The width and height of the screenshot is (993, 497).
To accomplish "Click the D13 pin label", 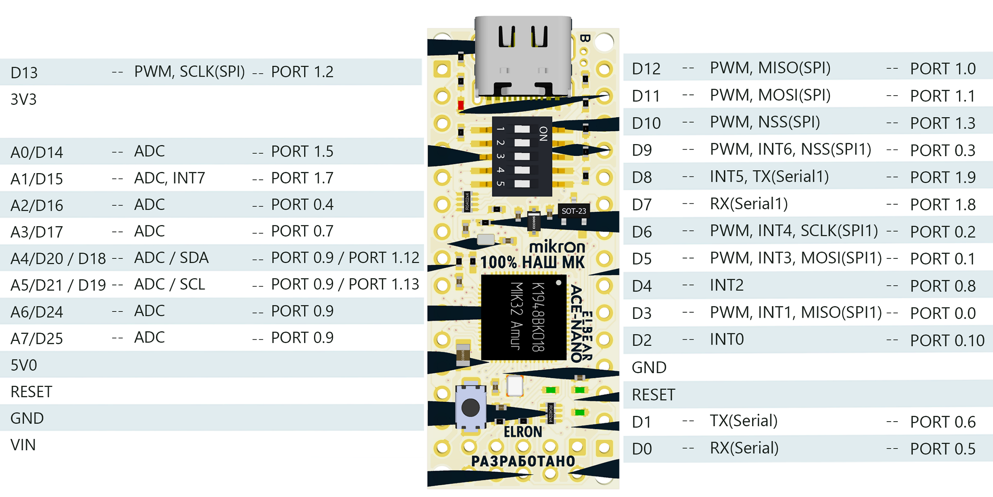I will click(x=24, y=72).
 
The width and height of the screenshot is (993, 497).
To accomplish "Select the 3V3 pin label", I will click(x=24, y=99).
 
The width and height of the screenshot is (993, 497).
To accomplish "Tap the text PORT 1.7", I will click(x=302, y=178).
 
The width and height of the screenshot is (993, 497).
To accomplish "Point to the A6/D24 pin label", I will click(x=37, y=312).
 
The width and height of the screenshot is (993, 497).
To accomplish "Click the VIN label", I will click(x=23, y=445).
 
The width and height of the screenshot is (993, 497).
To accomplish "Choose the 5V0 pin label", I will click(x=24, y=365).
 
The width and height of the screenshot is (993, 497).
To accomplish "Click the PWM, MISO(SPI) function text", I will click(x=770, y=68).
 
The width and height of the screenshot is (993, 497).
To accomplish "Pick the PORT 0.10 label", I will click(x=947, y=340).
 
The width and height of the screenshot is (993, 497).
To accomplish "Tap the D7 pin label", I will click(x=642, y=205).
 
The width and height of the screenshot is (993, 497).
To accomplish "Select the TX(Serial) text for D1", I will click(x=744, y=421).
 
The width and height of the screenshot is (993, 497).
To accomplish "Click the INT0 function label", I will click(x=727, y=340).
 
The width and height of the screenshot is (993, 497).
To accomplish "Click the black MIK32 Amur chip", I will click(x=523, y=317).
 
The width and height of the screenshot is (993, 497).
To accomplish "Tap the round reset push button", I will click(x=470, y=408).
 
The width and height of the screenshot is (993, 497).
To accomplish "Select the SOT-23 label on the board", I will click(x=573, y=211).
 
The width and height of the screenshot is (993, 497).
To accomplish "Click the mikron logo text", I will click(x=557, y=247).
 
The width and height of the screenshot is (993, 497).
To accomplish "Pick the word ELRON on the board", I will click(x=523, y=432).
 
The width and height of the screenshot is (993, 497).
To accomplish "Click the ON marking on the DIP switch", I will click(x=543, y=133).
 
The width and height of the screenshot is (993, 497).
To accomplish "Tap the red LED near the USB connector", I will click(x=461, y=105).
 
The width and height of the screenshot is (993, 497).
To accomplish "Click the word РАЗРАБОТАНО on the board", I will click(x=523, y=461).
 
